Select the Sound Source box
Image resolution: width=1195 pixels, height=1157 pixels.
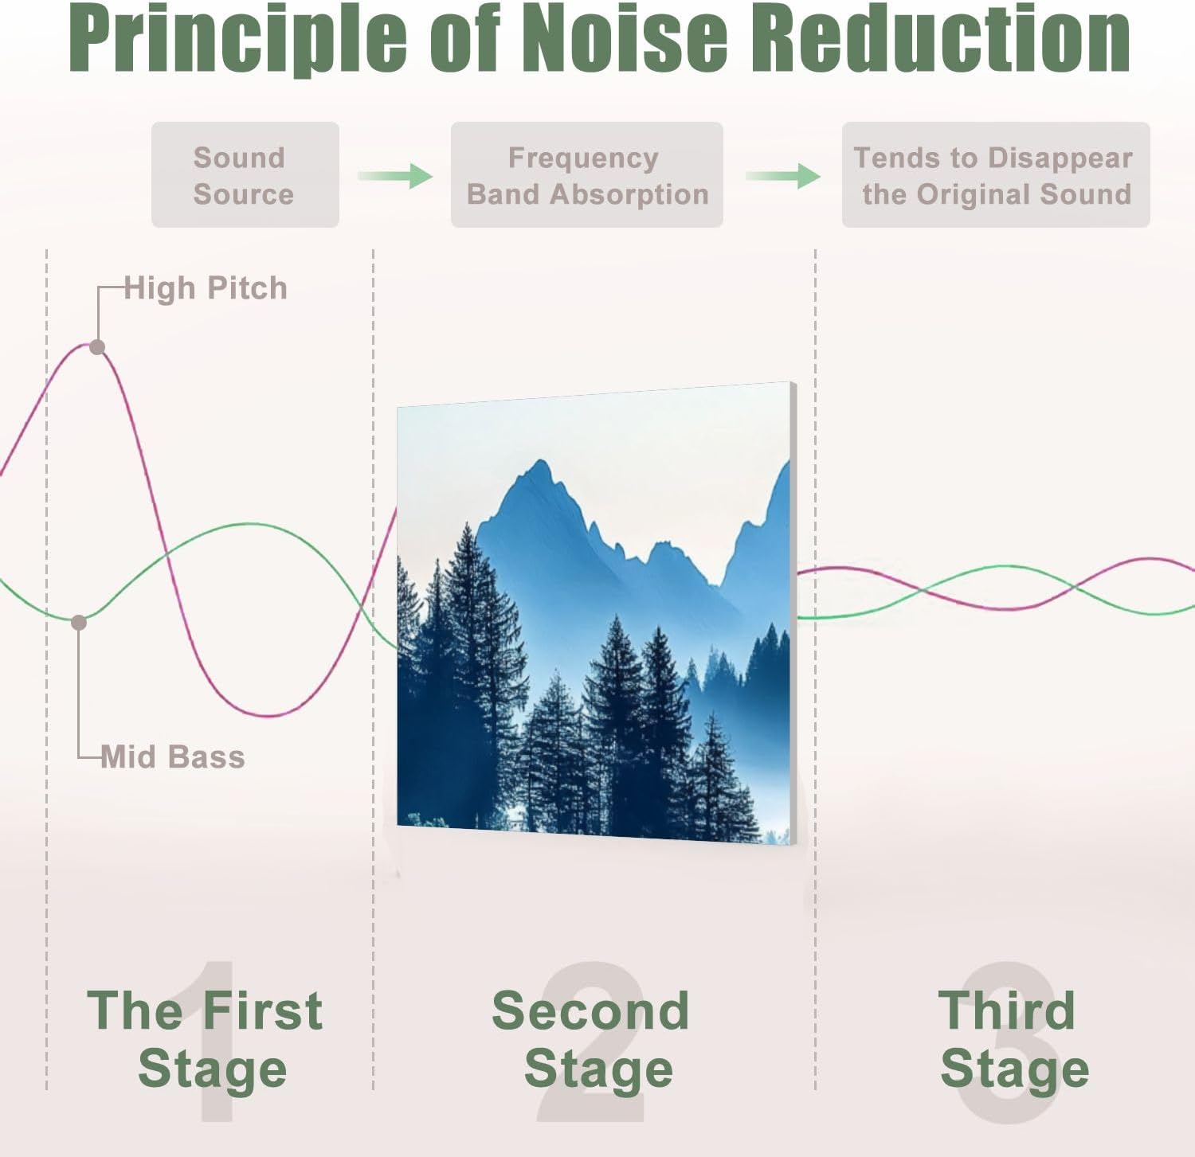click(x=245, y=175)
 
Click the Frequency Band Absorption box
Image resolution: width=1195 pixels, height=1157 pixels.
click(x=586, y=175)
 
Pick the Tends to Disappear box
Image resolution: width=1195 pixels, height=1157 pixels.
click(x=995, y=175)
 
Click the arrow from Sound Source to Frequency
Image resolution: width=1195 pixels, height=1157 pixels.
click(x=395, y=176)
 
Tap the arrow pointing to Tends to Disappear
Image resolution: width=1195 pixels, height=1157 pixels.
click(x=783, y=176)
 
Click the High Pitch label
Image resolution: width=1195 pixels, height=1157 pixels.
click(x=206, y=288)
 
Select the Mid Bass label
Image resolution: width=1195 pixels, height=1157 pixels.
click(x=173, y=756)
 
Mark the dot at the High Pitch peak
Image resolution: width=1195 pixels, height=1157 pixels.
click(x=97, y=347)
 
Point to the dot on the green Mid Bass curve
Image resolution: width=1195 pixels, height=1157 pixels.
click(x=79, y=623)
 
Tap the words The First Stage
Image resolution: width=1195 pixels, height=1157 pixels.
click(x=206, y=1038)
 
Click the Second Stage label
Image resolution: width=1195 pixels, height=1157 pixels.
click(x=591, y=1038)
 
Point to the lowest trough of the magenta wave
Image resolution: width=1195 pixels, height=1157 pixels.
click(x=271, y=715)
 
